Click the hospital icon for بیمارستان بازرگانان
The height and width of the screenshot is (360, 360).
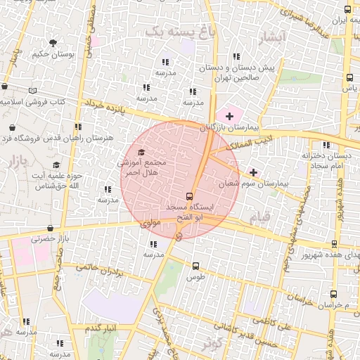pyautogui.click(x=229, y=115)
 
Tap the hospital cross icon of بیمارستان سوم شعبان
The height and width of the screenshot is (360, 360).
pyautogui.click(x=253, y=172)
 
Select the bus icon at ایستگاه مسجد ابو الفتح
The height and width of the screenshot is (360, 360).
pyautogui.click(x=189, y=196)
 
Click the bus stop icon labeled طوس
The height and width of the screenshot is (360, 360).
pyautogui.click(x=195, y=266)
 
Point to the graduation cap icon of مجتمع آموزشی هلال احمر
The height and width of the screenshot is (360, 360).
pyautogui.click(x=141, y=152)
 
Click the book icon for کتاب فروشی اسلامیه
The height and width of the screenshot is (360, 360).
pyautogui.click(x=32, y=91)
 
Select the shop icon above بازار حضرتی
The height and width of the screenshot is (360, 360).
pyautogui.click(x=50, y=228)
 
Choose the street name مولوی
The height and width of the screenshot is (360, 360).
pyautogui.click(x=152, y=224)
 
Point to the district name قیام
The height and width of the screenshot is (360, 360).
pyautogui.click(x=258, y=219)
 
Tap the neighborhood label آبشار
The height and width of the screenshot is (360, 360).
pyautogui.click(x=272, y=36)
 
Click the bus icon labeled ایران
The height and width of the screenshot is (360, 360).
pyautogui.click(x=348, y=10)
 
